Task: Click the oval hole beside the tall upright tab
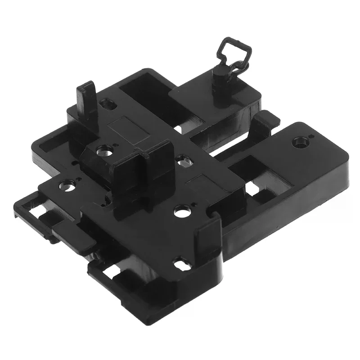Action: click(x=108, y=104)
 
